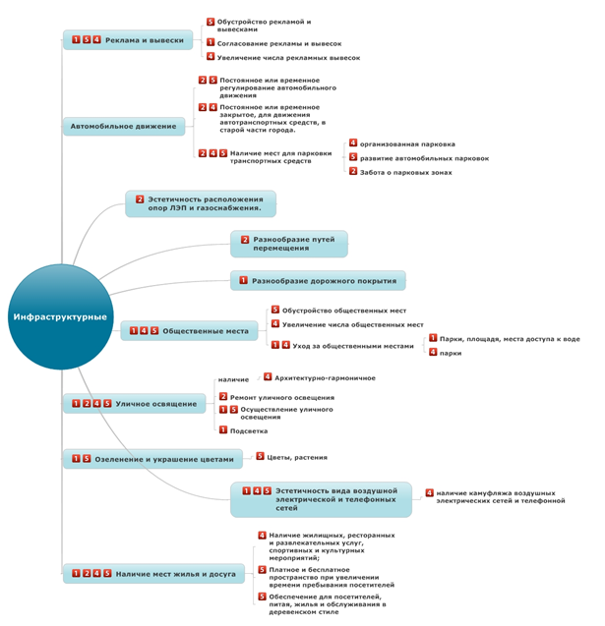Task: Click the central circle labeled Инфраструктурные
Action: [x=61, y=316]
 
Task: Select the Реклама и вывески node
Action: [x=127, y=40]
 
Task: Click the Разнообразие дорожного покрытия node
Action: [x=318, y=281]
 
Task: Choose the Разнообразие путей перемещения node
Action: [x=289, y=244]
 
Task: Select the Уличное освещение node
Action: [x=134, y=403]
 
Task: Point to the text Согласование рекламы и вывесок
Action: [x=279, y=43]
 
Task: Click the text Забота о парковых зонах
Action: [x=405, y=172]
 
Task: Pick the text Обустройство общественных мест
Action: [x=343, y=311]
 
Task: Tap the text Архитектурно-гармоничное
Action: [x=325, y=377]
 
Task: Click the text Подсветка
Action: [x=248, y=430]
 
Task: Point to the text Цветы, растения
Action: [x=297, y=457]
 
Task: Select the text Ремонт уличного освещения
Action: [x=281, y=398]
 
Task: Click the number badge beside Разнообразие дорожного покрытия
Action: [x=242, y=281]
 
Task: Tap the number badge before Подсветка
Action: [x=223, y=429]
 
